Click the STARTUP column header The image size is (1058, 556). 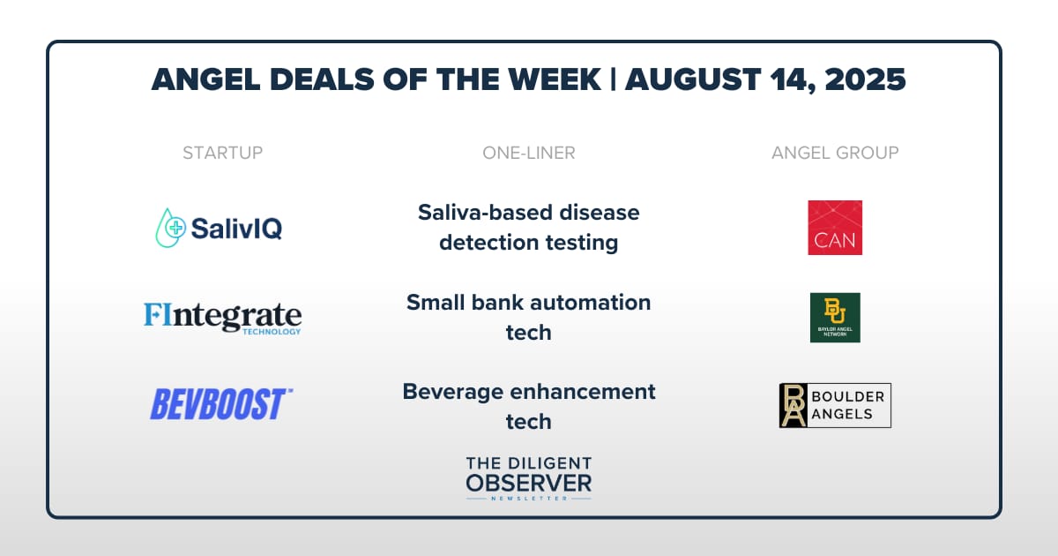[x=222, y=153]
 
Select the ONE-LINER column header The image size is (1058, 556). [x=528, y=153]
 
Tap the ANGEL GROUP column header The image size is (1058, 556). [x=835, y=153]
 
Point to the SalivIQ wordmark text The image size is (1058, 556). [x=236, y=229]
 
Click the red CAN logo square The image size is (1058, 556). [x=835, y=228]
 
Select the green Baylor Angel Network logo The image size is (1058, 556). [x=835, y=317]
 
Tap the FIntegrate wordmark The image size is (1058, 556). [x=222, y=315]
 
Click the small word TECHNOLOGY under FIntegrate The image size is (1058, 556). [x=272, y=332]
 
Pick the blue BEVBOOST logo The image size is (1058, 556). [x=221, y=404]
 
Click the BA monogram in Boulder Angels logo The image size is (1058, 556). [x=793, y=405]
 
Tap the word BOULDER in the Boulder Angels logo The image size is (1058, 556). [x=848, y=396]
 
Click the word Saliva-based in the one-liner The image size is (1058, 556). [x=485, y=213]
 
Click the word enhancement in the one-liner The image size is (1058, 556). [x=583, y=392]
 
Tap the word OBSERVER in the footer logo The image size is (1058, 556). [x=528, y=484]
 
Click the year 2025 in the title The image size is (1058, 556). [x=865, y=79]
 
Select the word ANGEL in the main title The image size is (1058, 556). [x=206, y=79]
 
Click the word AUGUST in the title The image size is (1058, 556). [x=693, y=79]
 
